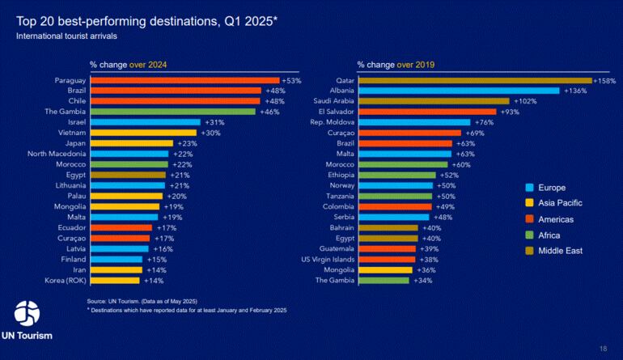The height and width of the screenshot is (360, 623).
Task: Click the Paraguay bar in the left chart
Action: (184, 80)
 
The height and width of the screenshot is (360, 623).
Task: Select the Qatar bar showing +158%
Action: (475, 80)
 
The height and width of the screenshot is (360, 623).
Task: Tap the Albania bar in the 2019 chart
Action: (459, 91)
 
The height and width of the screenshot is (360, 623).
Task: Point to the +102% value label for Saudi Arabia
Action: (523, 101)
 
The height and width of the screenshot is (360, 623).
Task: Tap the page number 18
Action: (603, 348)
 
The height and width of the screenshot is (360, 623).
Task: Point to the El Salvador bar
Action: (427, 112)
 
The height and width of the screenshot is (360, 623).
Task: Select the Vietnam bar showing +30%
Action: (143, 133)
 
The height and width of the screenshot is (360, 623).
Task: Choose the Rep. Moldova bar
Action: (414, 122)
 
